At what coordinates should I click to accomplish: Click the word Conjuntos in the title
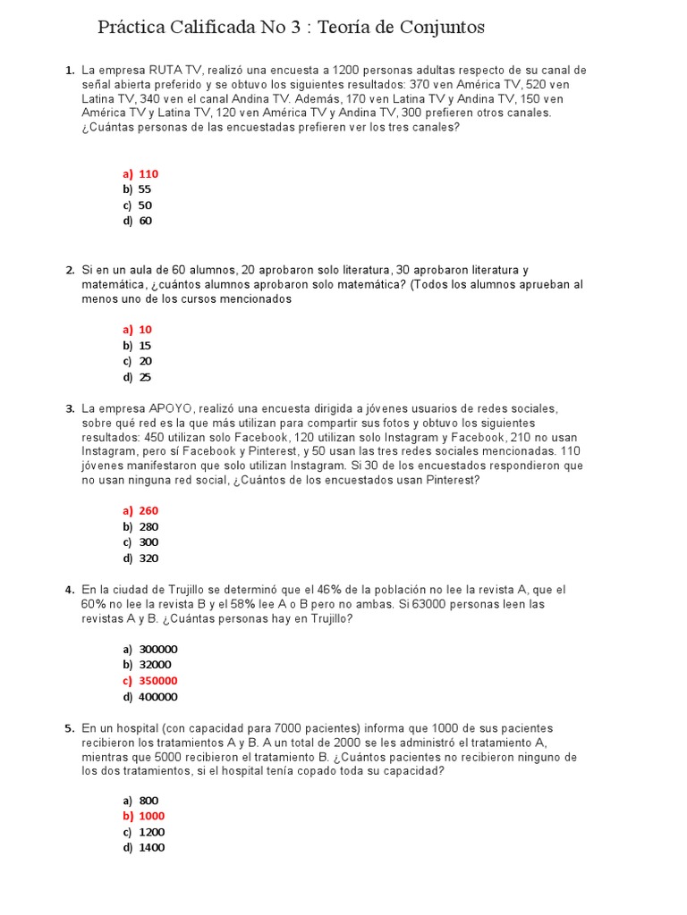point(438,28)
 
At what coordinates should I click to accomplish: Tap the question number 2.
point(70,270)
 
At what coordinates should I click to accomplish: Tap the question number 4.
point(70,591)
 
